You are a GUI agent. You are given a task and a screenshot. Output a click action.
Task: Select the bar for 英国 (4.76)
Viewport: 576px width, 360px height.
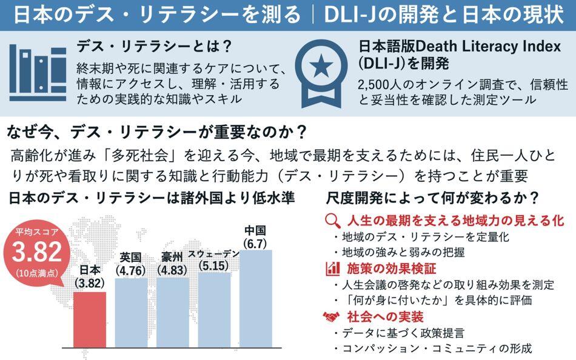pos(131,313)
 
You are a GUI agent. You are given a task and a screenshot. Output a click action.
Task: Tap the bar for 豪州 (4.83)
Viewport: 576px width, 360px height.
pos(173,312)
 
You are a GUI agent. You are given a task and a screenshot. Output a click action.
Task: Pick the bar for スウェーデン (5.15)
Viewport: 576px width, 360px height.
pos(215,310)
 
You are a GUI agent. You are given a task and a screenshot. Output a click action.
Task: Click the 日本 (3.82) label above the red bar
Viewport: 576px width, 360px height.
pos(90,277)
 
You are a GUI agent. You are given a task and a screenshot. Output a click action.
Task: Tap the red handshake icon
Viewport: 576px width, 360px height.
pos(332,316)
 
